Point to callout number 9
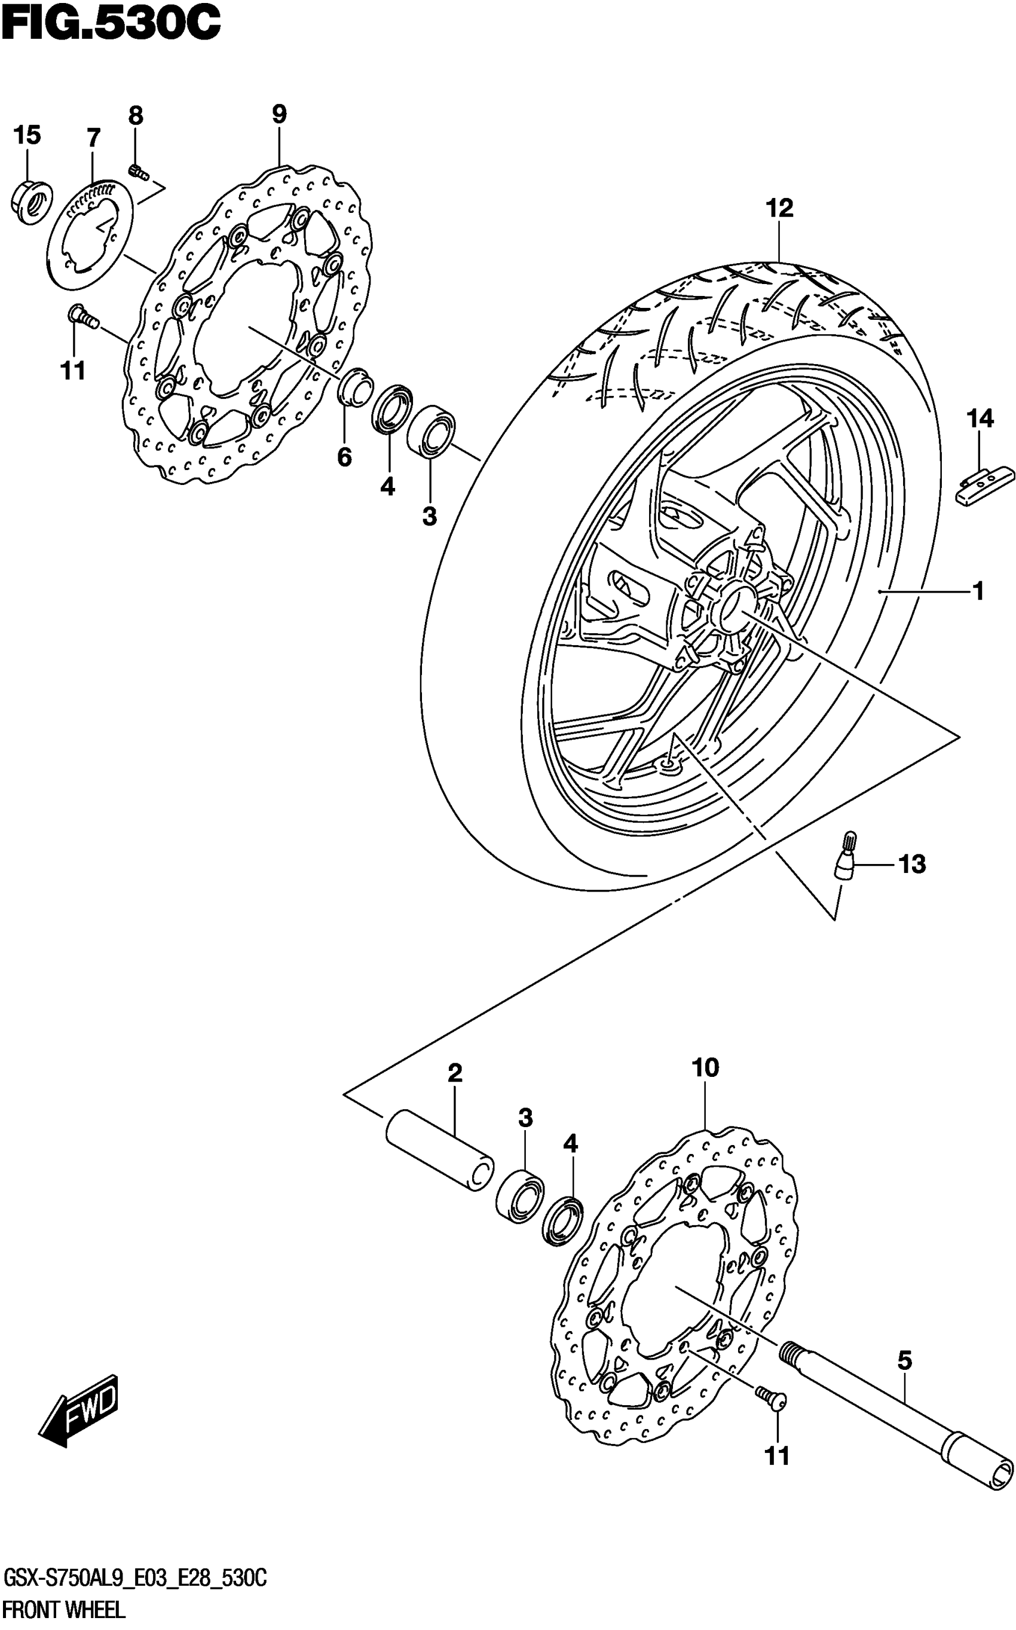[x=279, y=114]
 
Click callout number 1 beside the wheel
[x=978, y=591]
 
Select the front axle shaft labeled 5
[x=901, y=1402]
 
